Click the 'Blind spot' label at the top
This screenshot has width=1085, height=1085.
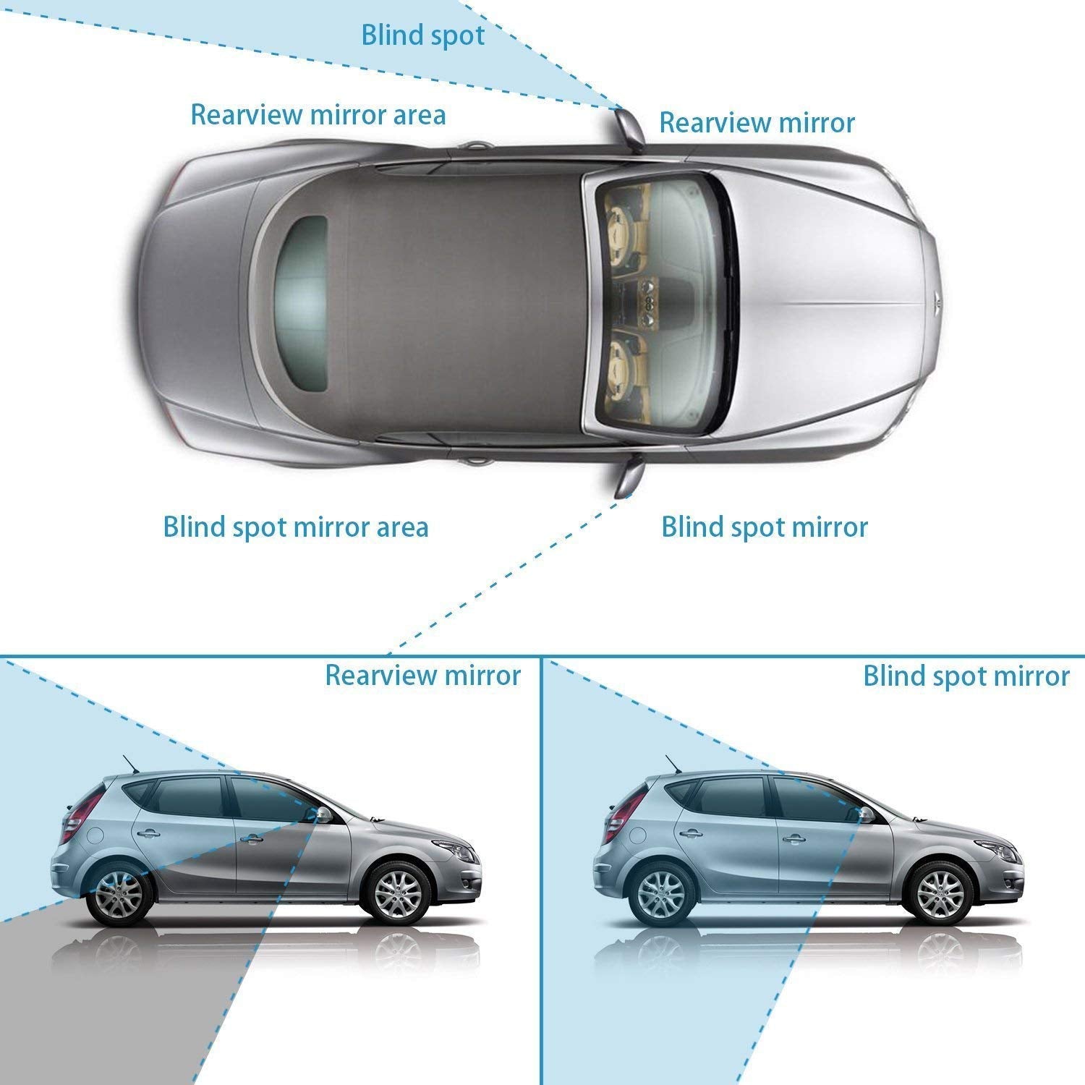click(423, 35)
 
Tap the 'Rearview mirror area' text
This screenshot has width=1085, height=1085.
click(318, 115)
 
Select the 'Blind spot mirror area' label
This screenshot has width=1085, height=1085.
click(295, 527)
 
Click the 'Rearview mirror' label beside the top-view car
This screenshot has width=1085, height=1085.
click(757, 123)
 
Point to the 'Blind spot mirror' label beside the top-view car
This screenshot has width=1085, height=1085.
click(764, 527)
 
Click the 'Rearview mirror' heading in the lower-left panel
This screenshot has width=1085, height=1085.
click(422, 675)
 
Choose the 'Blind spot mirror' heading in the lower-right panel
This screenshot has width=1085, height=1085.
click(966, 676)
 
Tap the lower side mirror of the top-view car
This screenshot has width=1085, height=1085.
click(627, 477)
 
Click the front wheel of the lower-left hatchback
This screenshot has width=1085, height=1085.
click(396, 890)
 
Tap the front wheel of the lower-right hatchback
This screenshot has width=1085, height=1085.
click(940, 890)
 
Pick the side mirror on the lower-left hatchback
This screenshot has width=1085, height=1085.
click(322, 814)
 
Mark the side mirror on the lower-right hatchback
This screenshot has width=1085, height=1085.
click(865, 814)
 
